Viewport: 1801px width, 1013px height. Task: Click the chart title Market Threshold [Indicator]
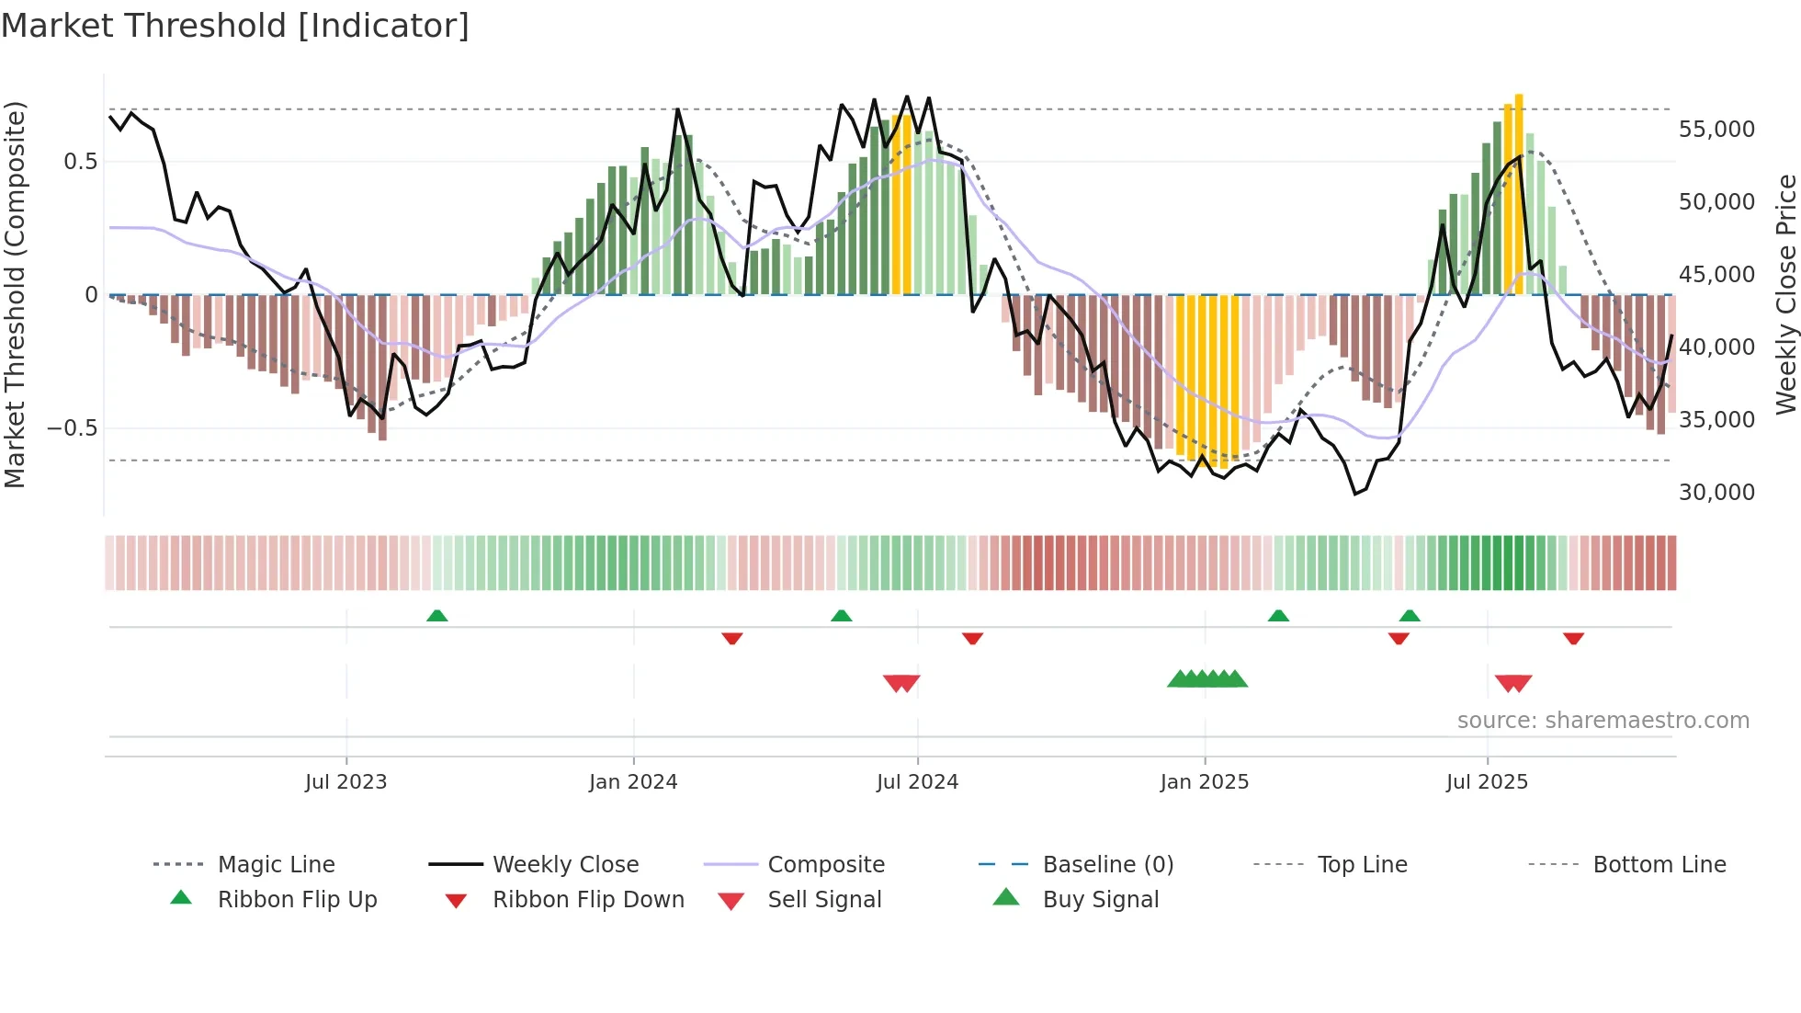235,26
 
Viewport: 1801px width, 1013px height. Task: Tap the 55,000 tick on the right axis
1716,130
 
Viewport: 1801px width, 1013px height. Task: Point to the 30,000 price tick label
1716,493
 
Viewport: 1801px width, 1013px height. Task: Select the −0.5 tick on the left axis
72,428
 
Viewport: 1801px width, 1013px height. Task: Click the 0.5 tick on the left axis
80,162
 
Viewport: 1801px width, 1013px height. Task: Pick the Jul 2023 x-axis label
345,782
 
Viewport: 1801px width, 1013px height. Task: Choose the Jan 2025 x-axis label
1204,782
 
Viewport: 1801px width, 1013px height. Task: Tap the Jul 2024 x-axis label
917,782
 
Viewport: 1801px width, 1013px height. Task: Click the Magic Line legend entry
276,865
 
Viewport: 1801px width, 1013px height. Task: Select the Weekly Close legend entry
565,865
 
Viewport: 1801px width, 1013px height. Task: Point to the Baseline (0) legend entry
1107,865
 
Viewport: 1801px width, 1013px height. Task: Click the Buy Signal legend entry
1100,900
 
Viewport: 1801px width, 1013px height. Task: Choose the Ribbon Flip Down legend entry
588,900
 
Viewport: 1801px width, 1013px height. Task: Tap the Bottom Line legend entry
1659,865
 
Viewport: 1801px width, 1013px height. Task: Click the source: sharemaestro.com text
1603,721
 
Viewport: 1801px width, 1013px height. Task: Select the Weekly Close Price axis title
1785,294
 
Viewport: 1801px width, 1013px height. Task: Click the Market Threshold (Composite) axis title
15,294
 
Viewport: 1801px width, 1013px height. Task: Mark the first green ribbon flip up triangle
437,616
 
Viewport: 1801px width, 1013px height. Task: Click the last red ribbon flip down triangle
1573,638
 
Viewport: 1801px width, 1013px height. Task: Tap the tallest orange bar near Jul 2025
1519,193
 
